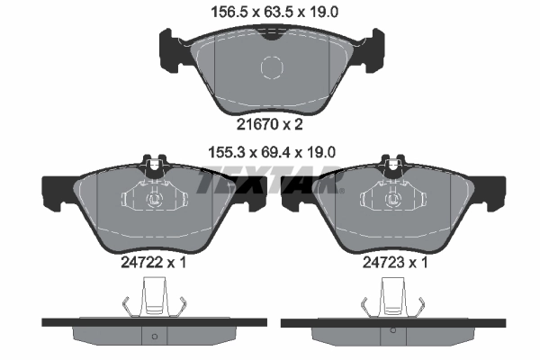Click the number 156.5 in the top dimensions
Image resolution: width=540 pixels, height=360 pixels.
click(219, 13)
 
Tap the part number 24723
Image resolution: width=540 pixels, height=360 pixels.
click(380, 264)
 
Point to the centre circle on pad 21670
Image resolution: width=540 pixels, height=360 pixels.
click(272, 68)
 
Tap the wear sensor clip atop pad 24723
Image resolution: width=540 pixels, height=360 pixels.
click(392, 166)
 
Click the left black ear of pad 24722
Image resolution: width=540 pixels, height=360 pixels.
click(56, 190)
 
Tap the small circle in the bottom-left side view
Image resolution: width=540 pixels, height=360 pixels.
click(154, 338)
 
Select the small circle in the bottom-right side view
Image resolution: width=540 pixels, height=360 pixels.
click(393, 338)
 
